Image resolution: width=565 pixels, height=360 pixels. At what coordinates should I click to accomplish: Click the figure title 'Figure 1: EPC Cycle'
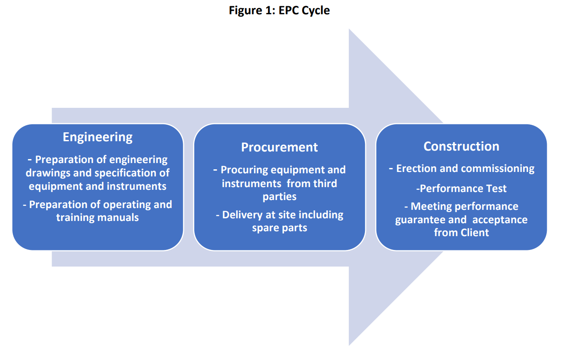279,11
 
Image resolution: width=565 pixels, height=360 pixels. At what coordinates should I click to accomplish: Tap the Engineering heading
98,138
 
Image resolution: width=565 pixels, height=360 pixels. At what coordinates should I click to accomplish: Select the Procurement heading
279,147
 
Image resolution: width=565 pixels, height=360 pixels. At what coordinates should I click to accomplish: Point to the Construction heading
461,146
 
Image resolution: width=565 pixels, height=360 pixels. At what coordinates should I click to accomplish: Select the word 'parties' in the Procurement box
279,197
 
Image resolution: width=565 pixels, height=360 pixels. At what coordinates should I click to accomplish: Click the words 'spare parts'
279,228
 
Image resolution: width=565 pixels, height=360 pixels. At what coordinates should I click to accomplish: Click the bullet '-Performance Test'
461,188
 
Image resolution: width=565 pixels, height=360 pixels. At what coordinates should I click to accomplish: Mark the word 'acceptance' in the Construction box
500,220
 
